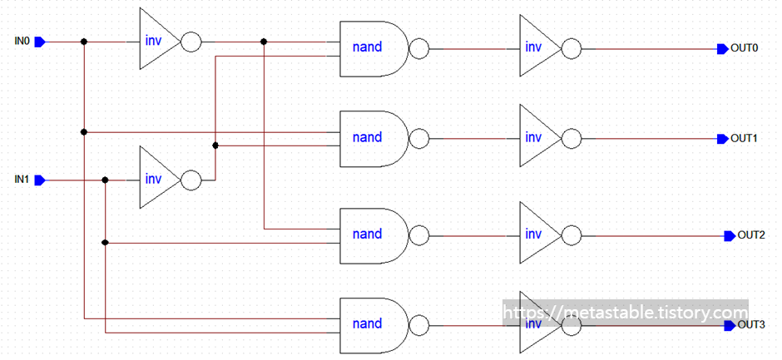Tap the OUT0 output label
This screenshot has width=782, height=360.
click(744, 48)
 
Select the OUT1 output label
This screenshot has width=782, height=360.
click(744, 138)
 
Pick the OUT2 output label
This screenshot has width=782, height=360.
click(751, 235)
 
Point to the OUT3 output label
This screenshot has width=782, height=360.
click(751, 324)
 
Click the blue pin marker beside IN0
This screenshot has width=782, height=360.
click(48, 41)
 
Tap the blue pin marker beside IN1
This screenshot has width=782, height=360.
click(48, 180)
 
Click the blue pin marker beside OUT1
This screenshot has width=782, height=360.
click(722, 138)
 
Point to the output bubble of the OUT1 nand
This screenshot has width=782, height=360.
click(419, 138)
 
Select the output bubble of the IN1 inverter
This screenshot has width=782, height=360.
click(191, 180)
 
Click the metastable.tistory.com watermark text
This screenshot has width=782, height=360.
click(624, 313)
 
